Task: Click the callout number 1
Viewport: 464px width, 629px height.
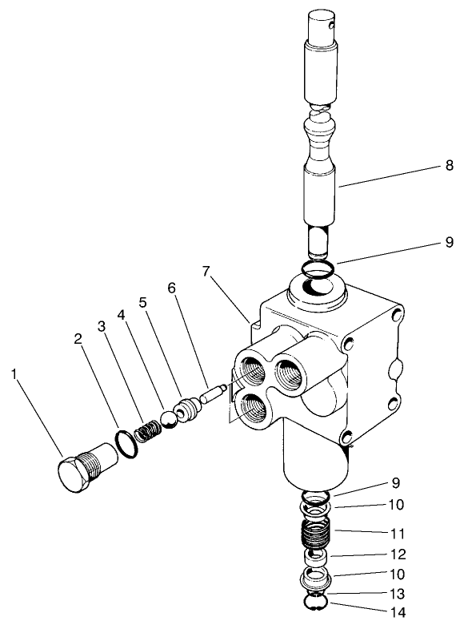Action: coord(14,373)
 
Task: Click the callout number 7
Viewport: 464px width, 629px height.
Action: coord(206,271)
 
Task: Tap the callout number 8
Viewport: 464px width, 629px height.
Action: coord(450,166)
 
